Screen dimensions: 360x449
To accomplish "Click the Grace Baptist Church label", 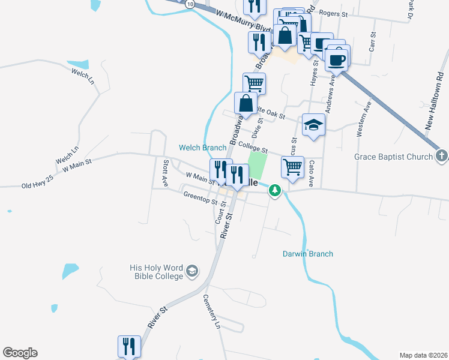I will pyautogui.click(x=393, y=157).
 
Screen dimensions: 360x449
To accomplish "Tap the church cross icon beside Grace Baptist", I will pyautogui.click(x=441, y=157).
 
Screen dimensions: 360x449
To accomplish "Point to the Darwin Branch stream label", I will pyautogui.click(x=308, y=254).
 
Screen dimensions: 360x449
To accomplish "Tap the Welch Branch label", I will pyautogui.click(x=202, y=148).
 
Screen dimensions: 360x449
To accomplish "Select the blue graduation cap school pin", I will pyautogui.click(x=313, y=125).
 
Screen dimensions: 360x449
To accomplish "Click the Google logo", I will pyautogui.click(x=20, y=353).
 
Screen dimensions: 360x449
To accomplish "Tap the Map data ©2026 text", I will pyautogui.click(x=423, y=355).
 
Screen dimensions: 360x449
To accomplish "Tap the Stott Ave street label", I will pyautogui.click(x=166, y=173).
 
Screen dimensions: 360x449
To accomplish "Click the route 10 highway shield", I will pyautogui.click(x=190, y=4).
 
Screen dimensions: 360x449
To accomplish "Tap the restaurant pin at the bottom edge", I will pyautogui.click(x=129, y=346).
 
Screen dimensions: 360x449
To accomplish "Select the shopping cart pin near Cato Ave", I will pyautogui.click(x=292, y=167).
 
